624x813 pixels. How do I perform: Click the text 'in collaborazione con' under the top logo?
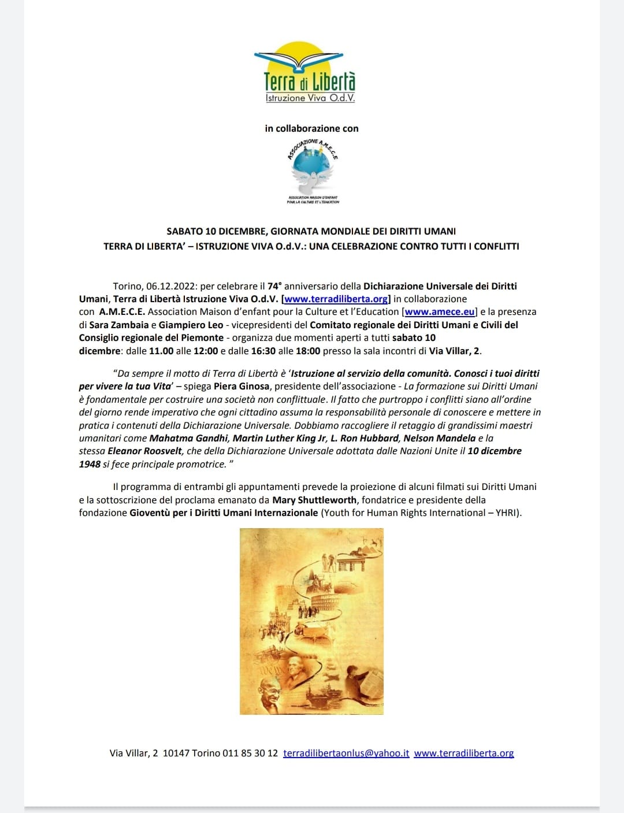[x=311, y=128]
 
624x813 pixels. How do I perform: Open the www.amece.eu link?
[x=440, y=312]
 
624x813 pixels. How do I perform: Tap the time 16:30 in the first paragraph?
[x=263, y=351]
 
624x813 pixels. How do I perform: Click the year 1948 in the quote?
[x=90, y=465]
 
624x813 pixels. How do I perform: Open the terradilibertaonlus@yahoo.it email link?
[x=346, y=753]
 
